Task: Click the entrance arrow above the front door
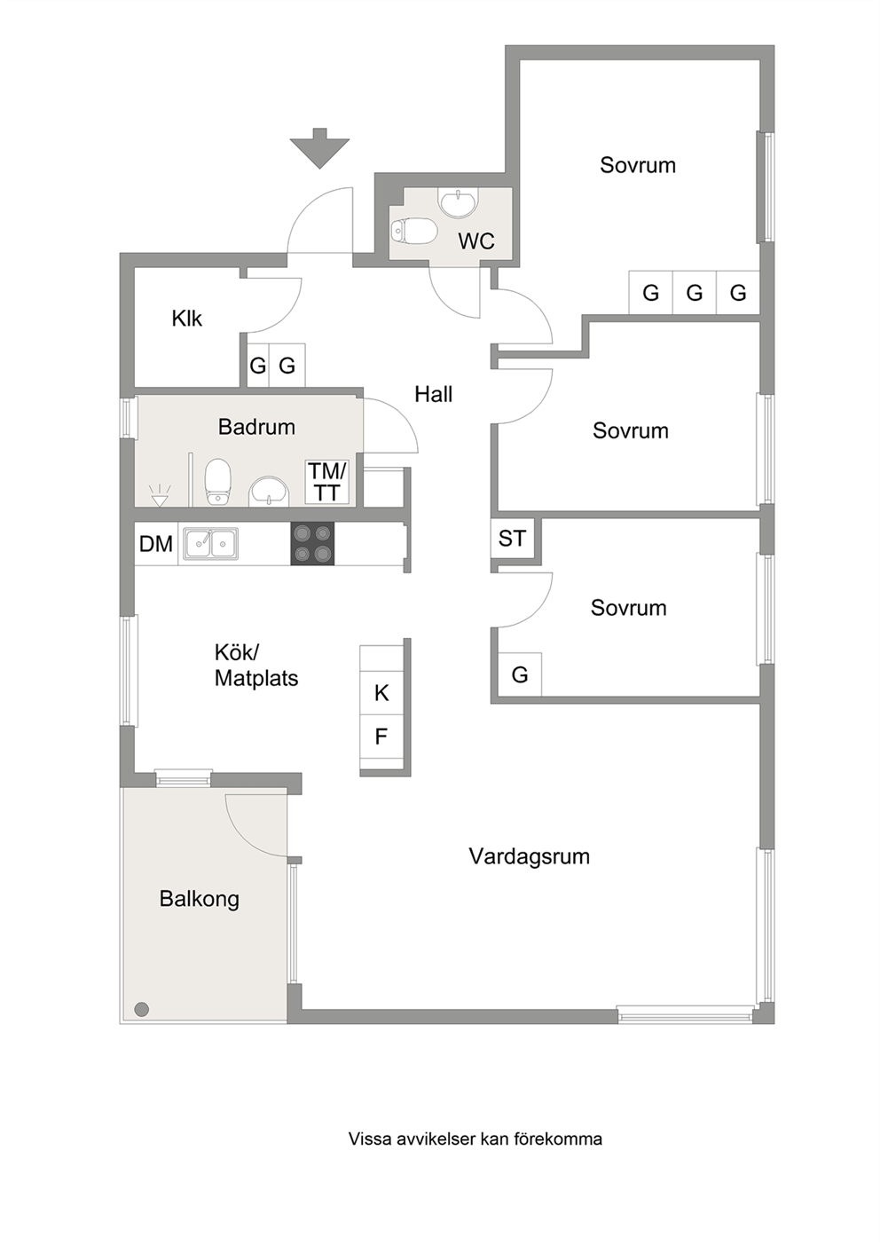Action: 319,148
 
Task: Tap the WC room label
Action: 476,241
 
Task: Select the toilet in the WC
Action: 413,231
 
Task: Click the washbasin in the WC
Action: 458,203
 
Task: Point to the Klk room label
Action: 186,319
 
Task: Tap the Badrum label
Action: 256,427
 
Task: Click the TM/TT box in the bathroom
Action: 327,482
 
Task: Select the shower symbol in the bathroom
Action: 160,495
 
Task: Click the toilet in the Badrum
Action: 217,481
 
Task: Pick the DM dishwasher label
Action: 156,544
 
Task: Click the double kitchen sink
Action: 211,544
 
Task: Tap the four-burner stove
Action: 313,544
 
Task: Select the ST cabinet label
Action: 512,538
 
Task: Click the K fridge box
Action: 381,693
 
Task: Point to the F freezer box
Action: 381,737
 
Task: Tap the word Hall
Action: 433,394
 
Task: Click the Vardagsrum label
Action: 529,856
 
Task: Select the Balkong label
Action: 199,899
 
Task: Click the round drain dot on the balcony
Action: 142,1008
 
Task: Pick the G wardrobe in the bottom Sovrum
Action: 520,674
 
